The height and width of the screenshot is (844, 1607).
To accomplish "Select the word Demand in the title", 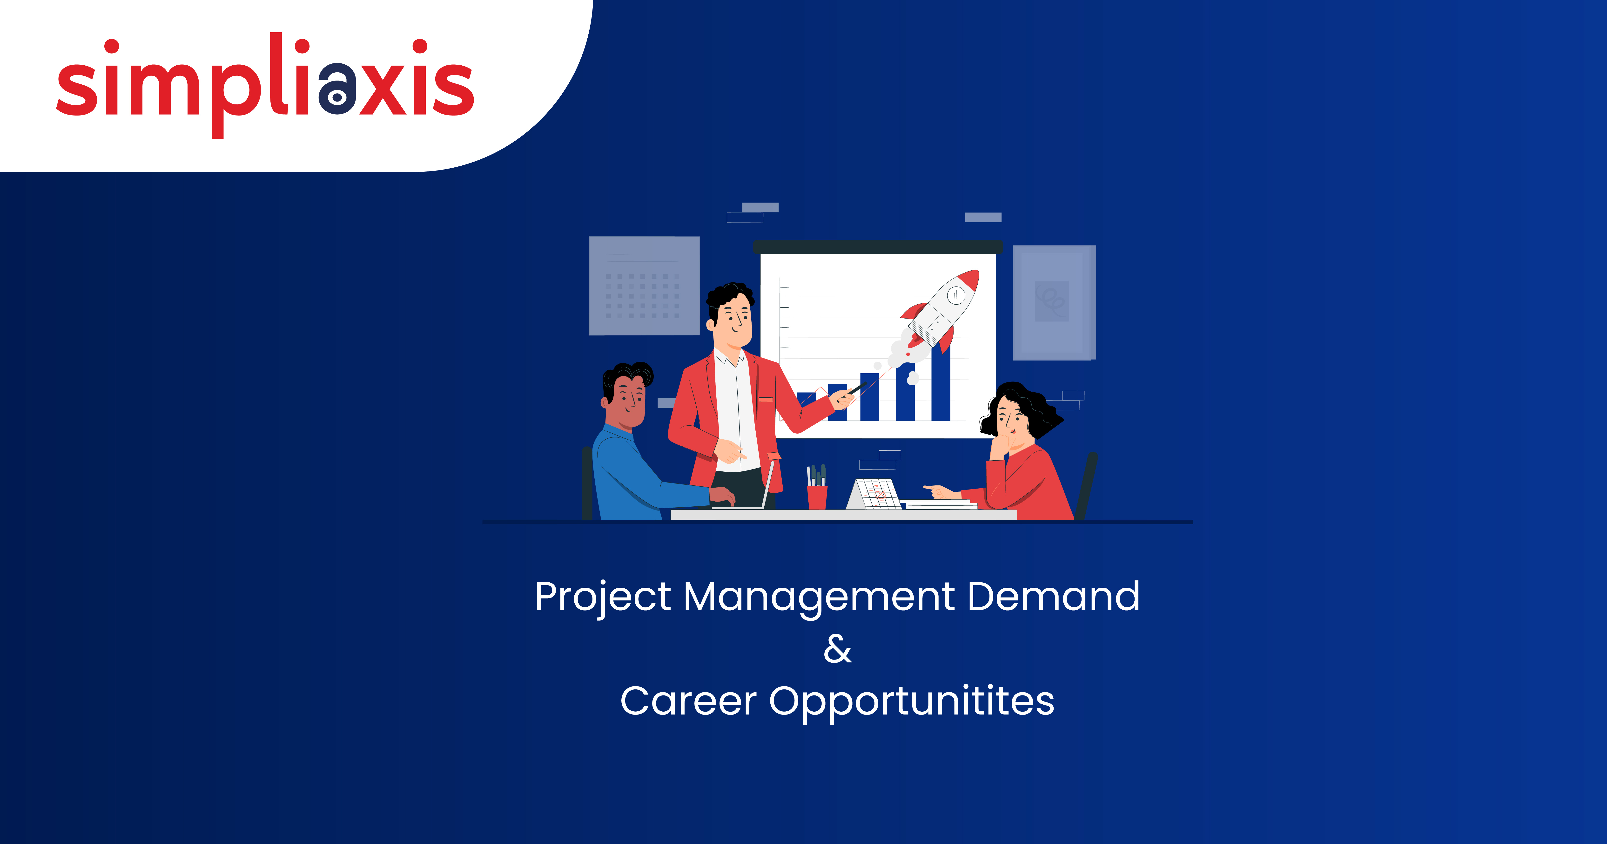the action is tap(1054, 596).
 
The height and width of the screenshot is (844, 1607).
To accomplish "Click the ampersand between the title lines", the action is tap(837, 649).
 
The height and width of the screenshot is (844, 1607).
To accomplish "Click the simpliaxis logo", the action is tap(265, 84).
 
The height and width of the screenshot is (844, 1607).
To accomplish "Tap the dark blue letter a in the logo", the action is tap(337, 89).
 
